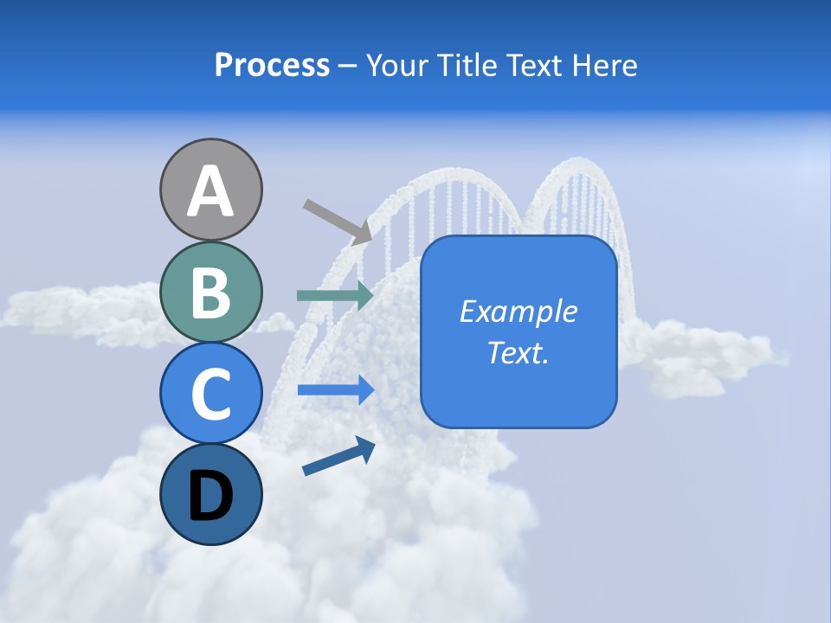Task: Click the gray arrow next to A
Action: click(338, 222)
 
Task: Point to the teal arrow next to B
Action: click(335, 295)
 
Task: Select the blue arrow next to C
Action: click(335, 389)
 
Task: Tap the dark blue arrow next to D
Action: click(338, 457)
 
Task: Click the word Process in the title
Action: click(272, 65)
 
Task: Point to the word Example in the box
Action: click(519, 311)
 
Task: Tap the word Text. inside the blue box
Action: click(519, 352)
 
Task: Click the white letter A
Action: click(210, 191)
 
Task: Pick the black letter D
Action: click(210, 496)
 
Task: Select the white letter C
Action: click(210, 394)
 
